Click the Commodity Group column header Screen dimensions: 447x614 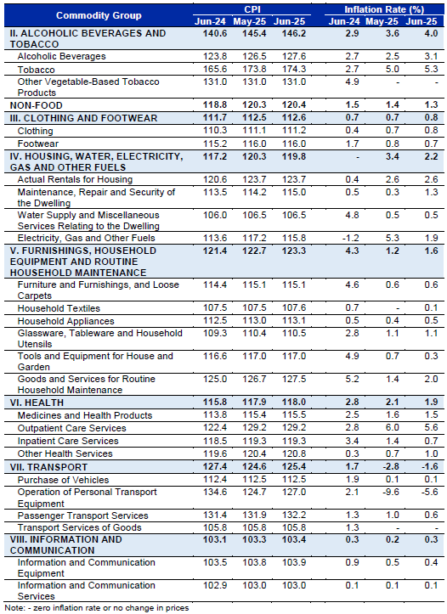tap(99, 15)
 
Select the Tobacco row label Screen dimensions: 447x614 tap(36, 70)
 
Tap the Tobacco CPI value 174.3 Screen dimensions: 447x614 tap(294, 70)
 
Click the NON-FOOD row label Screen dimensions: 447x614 tap(36, 105)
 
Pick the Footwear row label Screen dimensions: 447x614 tap(38, 144)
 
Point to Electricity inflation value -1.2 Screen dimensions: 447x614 tap(352, 238)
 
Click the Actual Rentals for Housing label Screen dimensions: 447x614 tap(76, 179)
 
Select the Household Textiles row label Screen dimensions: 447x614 tap(59, 308)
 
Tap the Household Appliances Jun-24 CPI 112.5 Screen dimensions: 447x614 tap(215, 321)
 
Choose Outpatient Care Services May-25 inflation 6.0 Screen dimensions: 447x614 tap(392, 428)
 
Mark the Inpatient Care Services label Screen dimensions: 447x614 tap(68, 441)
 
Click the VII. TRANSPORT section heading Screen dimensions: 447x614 tap(48, 467)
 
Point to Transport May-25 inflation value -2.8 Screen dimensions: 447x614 tap(391, 467)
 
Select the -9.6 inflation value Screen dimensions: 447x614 tap(391, 492)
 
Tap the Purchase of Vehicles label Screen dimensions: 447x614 tap(63, 480)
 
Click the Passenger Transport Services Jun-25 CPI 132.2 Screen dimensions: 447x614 tap(294, 515)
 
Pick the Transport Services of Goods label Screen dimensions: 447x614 tap(80, 527)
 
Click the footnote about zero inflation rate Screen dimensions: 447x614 tap(97, 608)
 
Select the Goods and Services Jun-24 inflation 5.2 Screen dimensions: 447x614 tap(352, 379)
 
